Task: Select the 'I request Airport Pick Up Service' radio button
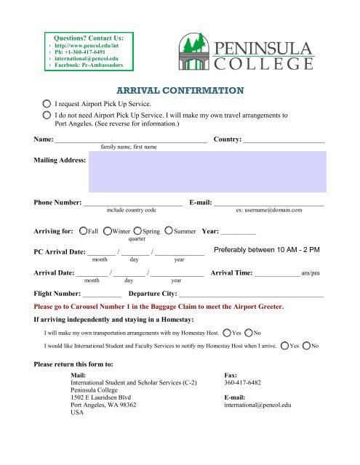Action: [47, 105]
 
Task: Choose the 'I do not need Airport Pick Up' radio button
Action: [47, 116]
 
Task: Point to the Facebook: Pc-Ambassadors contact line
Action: [95, 65]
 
